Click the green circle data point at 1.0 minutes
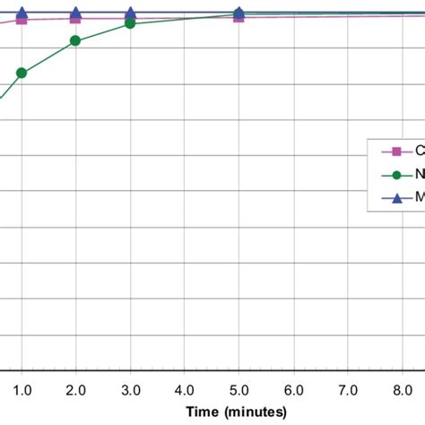click(22, 73)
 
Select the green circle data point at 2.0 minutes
click(75, 40)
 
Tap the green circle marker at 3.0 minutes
click(130, 23)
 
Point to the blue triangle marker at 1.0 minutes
click(22, 13)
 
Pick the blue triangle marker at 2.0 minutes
click(75, 13)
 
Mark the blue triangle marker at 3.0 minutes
click(130, 13)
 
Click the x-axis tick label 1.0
click(22, 389)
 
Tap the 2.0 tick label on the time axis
click(75, 389)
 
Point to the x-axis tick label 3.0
click(130, 389)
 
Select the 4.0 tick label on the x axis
click(185, 389)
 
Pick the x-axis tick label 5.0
click(239, 389)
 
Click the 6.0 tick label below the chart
click(293, 389)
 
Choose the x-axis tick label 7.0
click(347, 389)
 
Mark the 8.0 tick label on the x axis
click(401, 389)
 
